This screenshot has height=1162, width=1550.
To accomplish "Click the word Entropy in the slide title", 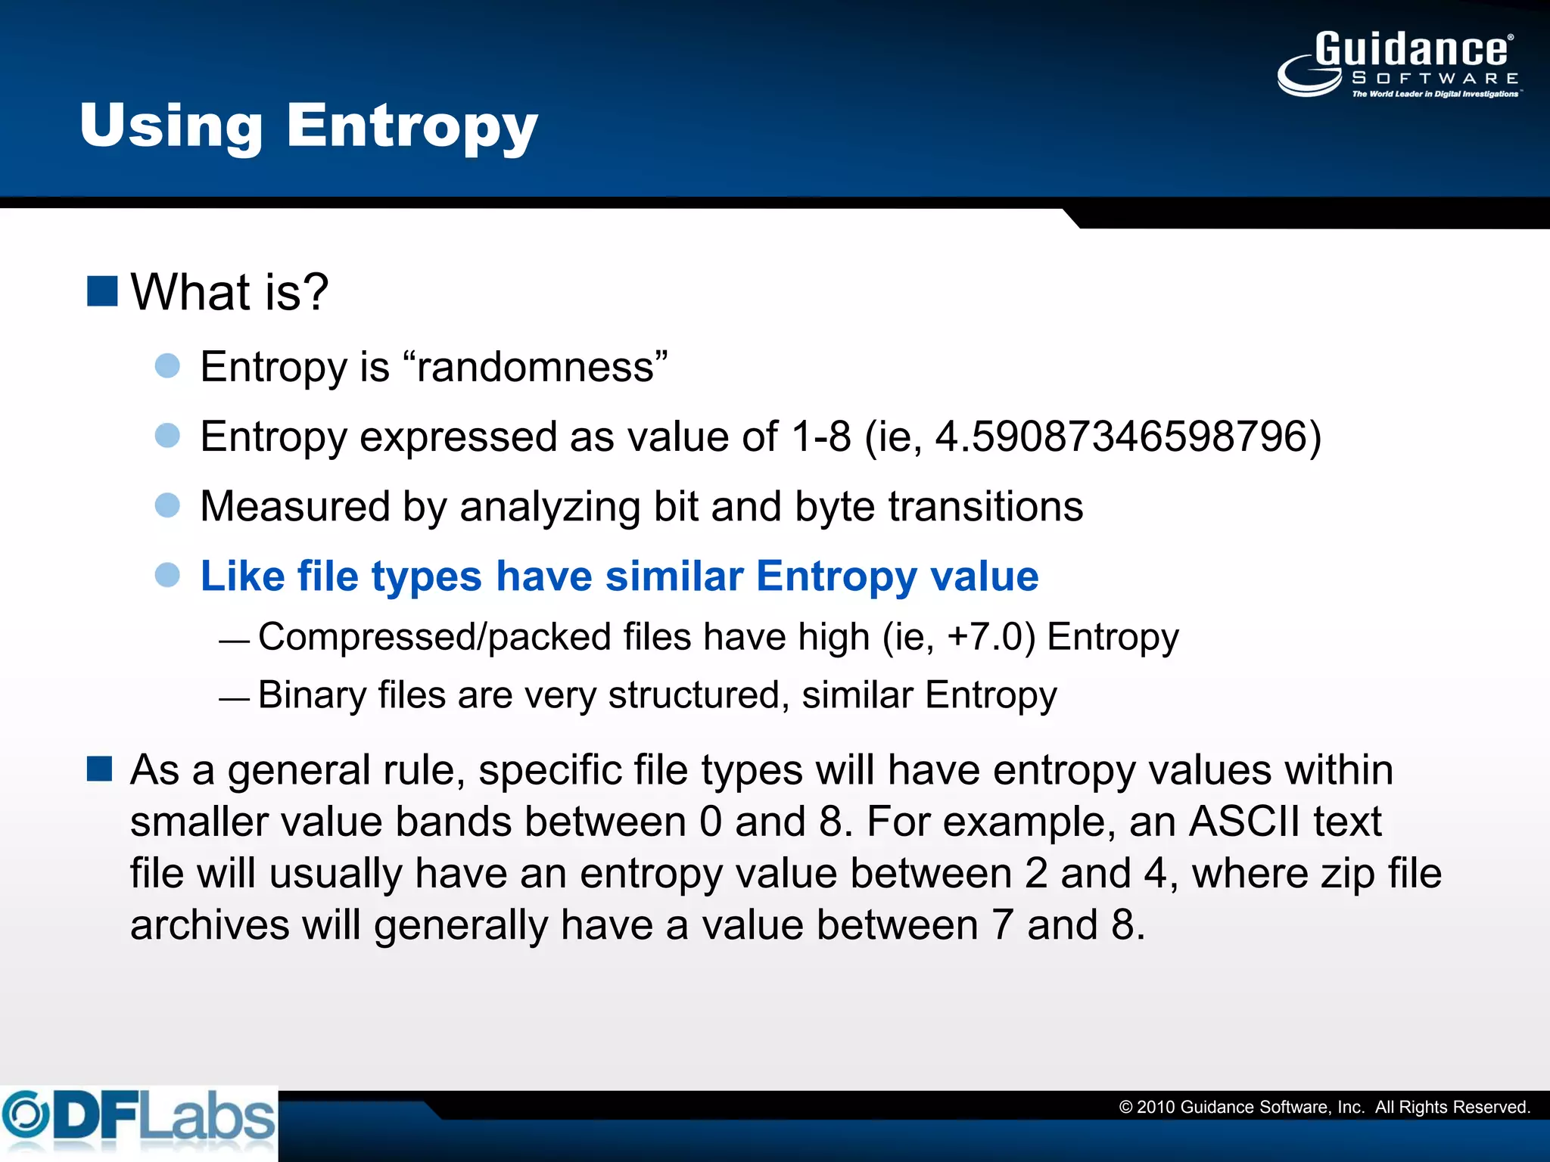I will click(412, 127).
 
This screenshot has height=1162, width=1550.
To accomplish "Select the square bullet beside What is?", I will click(102, 291).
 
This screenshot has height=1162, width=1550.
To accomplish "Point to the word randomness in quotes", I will click(536, 367).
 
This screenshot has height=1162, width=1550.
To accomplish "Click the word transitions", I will click(985, 506).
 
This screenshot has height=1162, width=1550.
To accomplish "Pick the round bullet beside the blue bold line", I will click(167, 575).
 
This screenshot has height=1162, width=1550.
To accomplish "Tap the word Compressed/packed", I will click(434, 637).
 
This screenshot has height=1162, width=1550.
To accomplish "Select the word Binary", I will click(312, 695).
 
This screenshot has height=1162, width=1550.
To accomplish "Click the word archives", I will click(209, 925).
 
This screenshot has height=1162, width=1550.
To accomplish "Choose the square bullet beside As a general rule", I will click(100, 769).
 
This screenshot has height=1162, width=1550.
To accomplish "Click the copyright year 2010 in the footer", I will click(1156, 1108).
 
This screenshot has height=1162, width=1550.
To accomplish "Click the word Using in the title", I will click(171, 127).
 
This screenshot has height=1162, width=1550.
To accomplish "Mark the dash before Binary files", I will click(234, 699).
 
